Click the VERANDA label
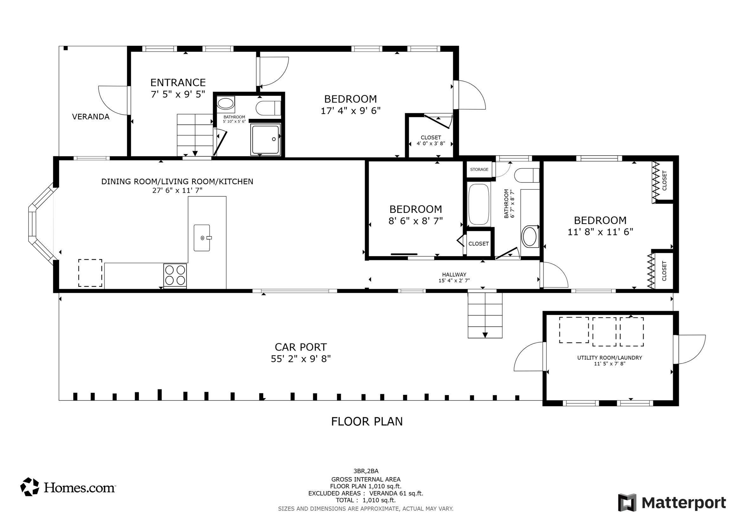click(91, 117)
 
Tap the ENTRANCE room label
click(178, 82)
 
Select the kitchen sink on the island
click(202, 237)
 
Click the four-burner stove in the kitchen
click(175, 275)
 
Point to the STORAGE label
click(479, 170)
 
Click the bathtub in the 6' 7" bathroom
click(479, 205)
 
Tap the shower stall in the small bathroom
click(265, 140)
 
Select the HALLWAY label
click(454, 274)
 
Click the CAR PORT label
click(300, 347)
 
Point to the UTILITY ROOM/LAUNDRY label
click(610, 358)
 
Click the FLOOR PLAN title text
click(367, 421)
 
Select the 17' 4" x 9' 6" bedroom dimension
click(351, 111)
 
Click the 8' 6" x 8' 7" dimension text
click(415, 221)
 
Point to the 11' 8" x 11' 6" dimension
click(600, 232)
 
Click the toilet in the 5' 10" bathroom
click(268, 108)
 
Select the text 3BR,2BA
click(366, 471)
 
